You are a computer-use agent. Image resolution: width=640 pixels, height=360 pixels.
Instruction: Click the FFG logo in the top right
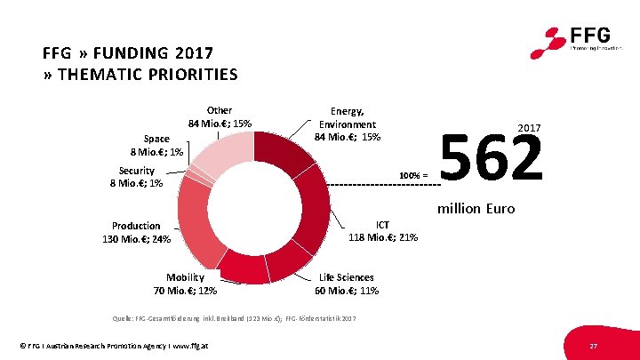[580, 40]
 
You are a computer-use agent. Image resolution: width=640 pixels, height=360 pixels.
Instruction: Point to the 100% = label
[413, 174]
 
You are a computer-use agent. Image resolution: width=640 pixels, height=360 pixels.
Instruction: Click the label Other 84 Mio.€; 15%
[219, 117]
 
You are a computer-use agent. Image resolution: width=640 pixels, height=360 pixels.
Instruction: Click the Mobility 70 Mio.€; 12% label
[185, 284]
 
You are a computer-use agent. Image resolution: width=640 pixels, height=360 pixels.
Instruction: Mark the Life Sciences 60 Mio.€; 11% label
[347, 284]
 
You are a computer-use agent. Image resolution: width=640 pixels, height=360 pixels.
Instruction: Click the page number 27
[592, 345]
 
